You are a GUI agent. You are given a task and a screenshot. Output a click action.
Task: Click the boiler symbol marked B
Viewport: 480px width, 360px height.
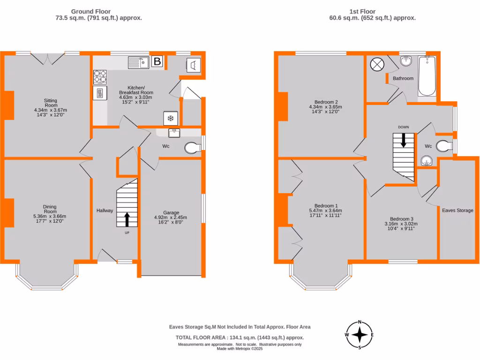pyautogui.click(x=157, y=61)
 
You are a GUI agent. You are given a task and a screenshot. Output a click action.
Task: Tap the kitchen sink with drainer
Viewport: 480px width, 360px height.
pyautogui.click(x=138, y=62)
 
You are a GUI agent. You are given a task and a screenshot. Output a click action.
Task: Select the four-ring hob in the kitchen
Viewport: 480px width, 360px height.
pyautogui.click(x=100, y=76)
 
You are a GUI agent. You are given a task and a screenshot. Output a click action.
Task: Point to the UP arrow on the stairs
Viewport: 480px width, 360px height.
pyautogui.click(x=127, y=219)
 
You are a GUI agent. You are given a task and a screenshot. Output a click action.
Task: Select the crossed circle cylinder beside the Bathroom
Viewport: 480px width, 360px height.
pyautogui.click(x=376, y=64)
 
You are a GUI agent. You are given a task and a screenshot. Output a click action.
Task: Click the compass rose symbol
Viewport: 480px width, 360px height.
pyautogui.click(x=360, y=335)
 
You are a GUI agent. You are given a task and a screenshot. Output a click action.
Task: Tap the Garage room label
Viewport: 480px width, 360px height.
pyautogui.click(x=171, y=212)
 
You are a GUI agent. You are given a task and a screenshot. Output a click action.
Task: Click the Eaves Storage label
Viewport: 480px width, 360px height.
pyautogui.click(x=457, y=210)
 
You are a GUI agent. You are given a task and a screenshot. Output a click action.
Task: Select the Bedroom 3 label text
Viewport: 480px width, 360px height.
pyautogui.click(x=402, y=218)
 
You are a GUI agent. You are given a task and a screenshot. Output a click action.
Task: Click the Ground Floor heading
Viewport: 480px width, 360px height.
pyautogui.click(x=98, y=11)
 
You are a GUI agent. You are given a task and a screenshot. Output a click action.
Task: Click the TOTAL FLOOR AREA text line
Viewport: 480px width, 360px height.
pyautogui.click(x=240, y=337)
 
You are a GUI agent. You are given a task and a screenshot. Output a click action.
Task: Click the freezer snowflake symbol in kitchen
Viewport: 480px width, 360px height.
pyautogui.click(x=170, y=118)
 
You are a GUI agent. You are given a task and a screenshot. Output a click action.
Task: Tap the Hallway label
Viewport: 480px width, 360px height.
pyautogui.click(x=105, y=210)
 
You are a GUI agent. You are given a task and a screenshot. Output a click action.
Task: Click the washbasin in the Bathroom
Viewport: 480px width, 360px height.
pyautogui.click(x=406, y=61)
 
